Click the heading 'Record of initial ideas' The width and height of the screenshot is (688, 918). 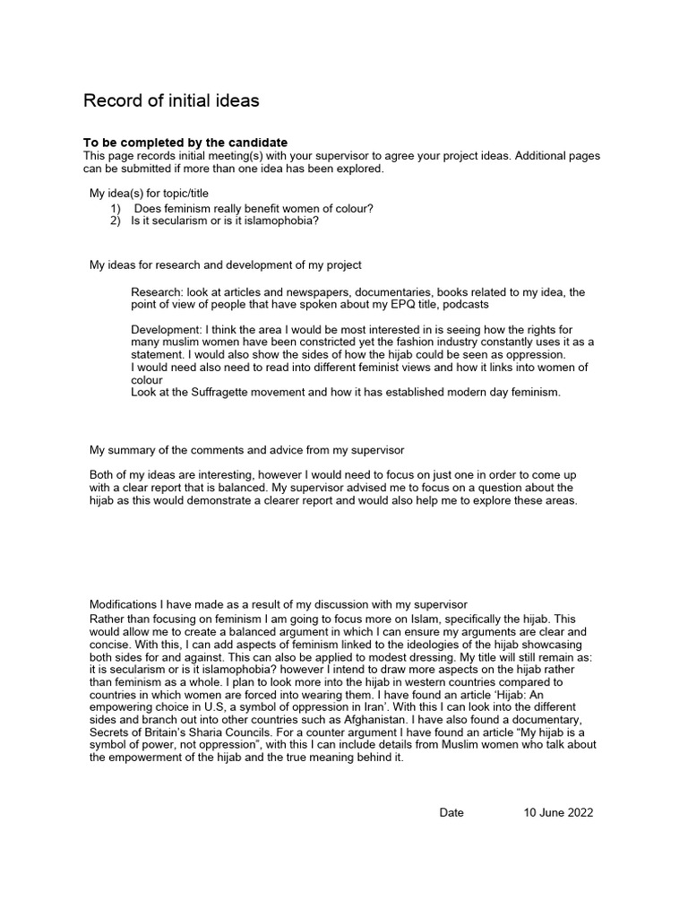click(171, 100)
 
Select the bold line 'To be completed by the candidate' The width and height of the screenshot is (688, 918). click(185, 143)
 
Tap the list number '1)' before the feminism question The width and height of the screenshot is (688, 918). click(116, 209)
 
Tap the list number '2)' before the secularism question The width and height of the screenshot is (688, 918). click(116, 221)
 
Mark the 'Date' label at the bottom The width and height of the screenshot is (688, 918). click(451, 812)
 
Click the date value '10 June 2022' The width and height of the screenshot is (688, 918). click(558, 812)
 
